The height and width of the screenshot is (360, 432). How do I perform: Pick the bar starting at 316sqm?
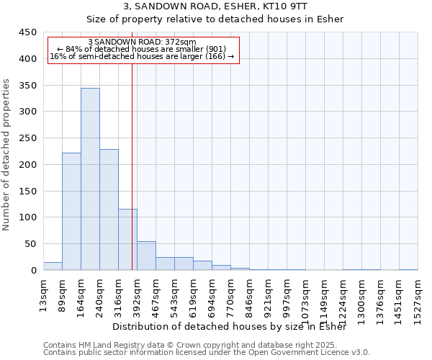[127, 239]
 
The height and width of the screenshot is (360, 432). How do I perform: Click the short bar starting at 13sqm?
[53, 266]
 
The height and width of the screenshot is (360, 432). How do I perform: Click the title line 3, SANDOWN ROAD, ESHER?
[215, 6]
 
